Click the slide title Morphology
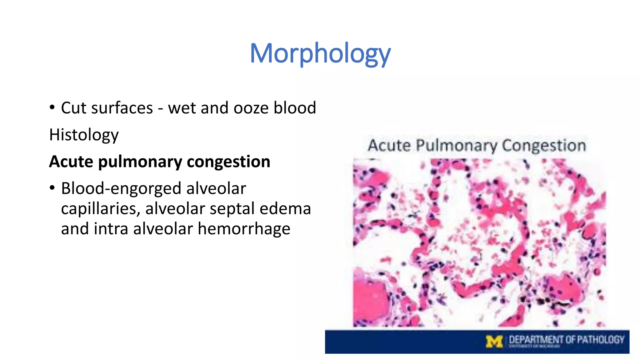point(320,54)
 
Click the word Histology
point(84,135)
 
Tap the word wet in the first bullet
point(182,108)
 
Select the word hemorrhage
point(244,229)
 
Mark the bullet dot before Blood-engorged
point(52,188)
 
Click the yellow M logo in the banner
point(494,341)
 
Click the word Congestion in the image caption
point(544,146)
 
